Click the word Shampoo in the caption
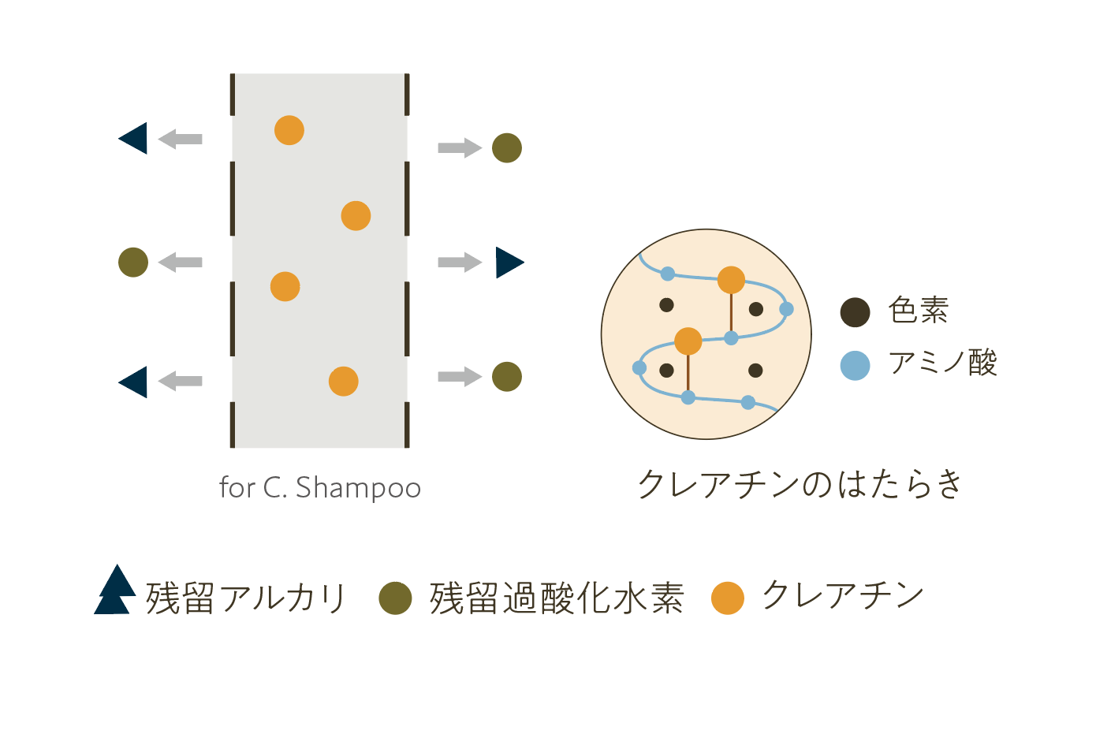pyautogui.click(x=358, y=488)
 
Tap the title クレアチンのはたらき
pyautogui.click(x=800, y=483)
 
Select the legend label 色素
pyautogui.click(x=919, y=310)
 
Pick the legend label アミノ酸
pyautogui.click(x=943, y=363)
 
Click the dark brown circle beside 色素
pyautogui.click(x=855, y=312)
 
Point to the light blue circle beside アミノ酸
pyautogui.click(x=855, y=365)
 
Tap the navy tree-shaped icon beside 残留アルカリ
pyautogui.click(x=115, y=591)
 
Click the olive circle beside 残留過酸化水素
pyautogui.click(x=395, y=598)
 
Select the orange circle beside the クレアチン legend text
pyautogui.click(x=727, y=598)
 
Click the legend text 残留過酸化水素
pyautogui.click(x=557, y=598)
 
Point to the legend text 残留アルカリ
pyautogui.click(x=246, y=598)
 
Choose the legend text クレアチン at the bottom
pyautogui.click(x=843, y=595)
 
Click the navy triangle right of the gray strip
pyautogui.click(x=508, y=263)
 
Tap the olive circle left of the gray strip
pyautogui.click(x=133, y=263)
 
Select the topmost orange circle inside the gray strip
pyautogui.click(x=289, y=130)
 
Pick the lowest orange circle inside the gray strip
pyautogui.click(x=343, y=382)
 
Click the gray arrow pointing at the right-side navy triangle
pyautogui.click(x=460, y=263)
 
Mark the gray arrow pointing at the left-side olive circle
pyautogui.click(x=181, y=263)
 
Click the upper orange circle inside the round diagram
pyautogui.click(x=731, y=280)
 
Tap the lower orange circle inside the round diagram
pyautogui.click(x=688, y=341)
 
